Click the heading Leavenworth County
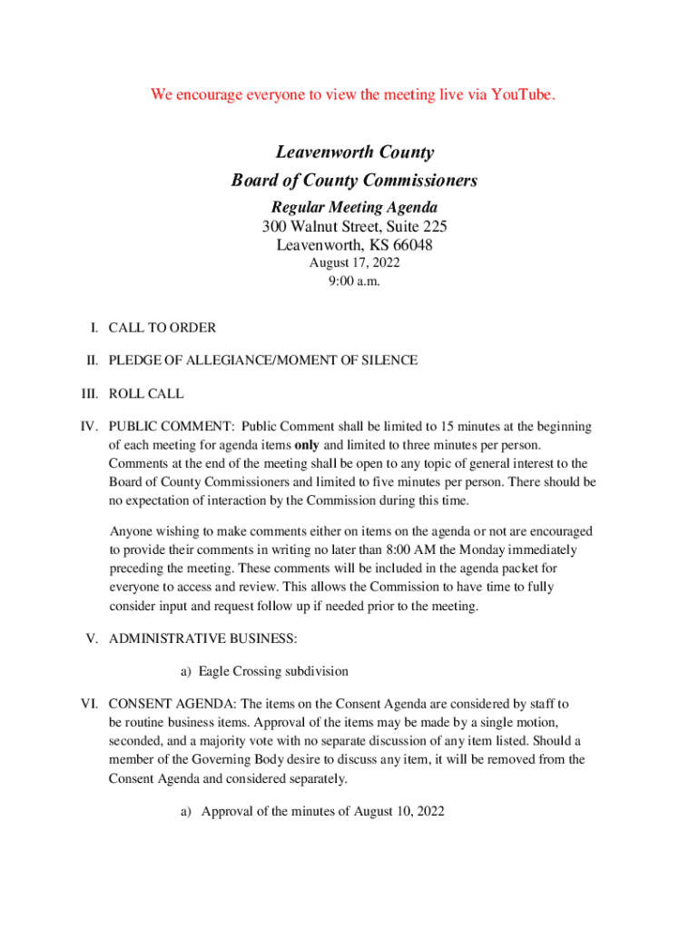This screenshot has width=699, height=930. click(354, 153)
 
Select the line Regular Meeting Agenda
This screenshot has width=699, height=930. click(354, 208)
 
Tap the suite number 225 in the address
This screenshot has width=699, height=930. click(433, 226)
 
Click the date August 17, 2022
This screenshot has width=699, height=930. click(354, 263)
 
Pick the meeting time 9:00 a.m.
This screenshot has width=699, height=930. click(354, 282)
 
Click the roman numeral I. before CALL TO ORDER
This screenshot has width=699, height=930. click(94, 327)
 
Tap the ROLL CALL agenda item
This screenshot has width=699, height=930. click(146, 394)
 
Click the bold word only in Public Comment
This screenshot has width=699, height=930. click(308, 445)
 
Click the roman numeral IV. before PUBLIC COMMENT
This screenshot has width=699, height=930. click(89, 426)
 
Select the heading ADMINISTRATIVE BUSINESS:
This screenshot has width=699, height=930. click(202, 638)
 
